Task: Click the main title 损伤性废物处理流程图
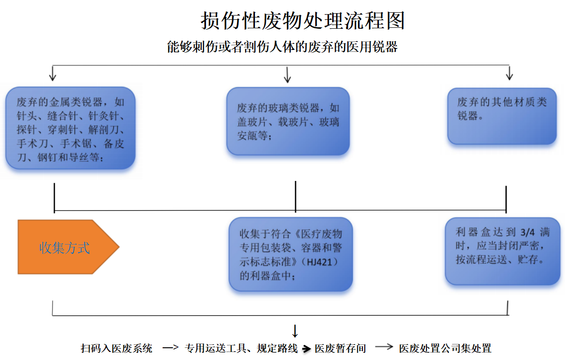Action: point(303,21)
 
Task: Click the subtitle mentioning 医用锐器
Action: point(282,47)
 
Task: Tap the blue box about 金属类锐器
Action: point(71,128)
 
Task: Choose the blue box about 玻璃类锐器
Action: point(288,122)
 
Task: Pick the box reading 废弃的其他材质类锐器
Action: point(502,116)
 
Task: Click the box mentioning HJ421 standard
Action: point(291,254)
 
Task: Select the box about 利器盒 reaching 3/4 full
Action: point(502,252)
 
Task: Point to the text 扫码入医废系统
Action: point(116,349)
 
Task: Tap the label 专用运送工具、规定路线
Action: point(241,349)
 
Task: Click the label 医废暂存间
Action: point(340,349)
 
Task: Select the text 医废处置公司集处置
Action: point(445,349)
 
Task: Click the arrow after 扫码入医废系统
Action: point(171,348)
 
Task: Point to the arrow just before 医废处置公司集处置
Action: point(384,347)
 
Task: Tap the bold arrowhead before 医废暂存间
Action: point(307,349)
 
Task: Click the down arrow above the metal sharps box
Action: point(53,73)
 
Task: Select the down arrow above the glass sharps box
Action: point(287,74)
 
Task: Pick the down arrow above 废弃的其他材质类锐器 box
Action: point(509,73)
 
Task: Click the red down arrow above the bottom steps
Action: point(295,331)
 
